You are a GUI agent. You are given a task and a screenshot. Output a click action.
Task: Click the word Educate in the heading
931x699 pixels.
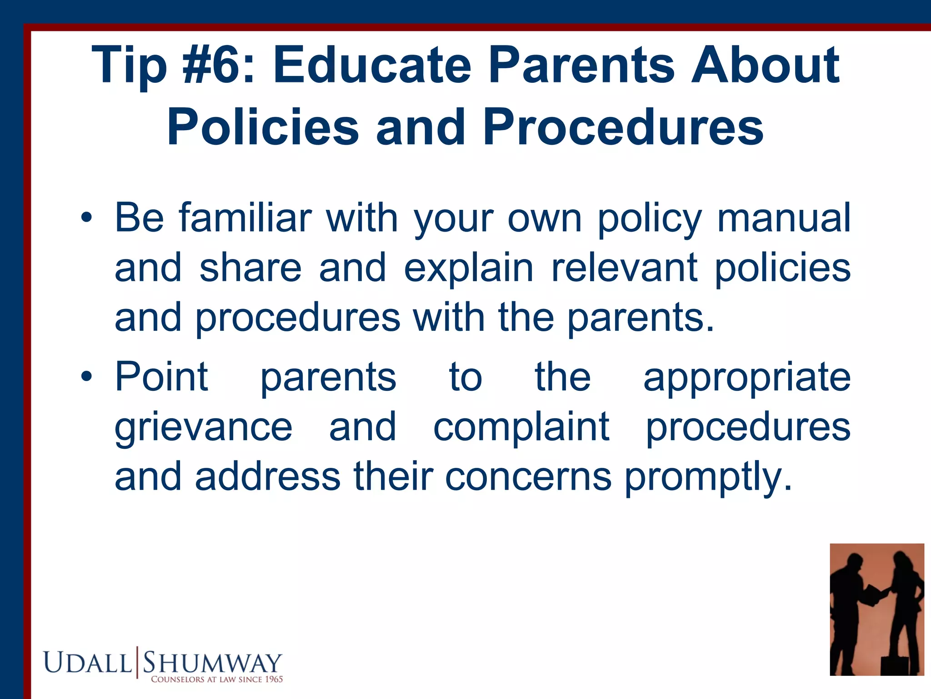click(372, 66)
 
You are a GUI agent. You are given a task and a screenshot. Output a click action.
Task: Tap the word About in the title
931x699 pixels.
click(765, 66)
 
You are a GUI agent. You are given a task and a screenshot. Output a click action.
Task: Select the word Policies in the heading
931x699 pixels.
click(263, 128)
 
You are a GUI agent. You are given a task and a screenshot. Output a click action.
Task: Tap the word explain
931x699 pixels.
click(468, 268)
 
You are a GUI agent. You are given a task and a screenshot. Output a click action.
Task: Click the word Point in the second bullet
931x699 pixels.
click(161, 376)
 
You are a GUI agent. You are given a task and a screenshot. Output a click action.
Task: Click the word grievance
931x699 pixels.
click(203, 428)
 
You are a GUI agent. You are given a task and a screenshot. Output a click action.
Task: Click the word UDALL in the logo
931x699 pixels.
click(88, 663)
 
